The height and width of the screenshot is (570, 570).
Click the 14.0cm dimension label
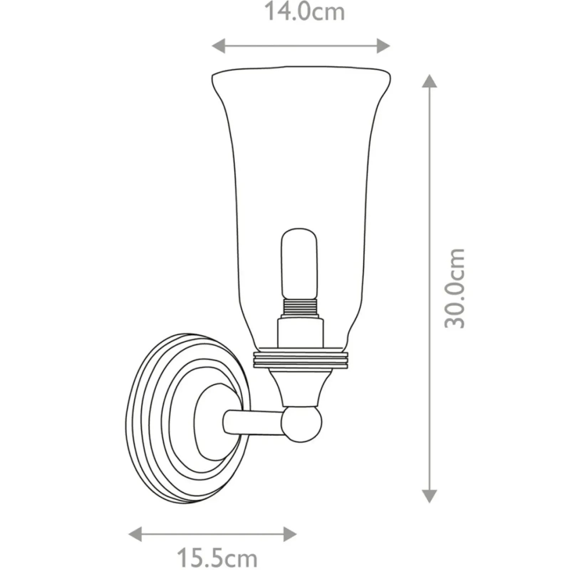304,12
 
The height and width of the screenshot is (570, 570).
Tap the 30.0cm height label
455,288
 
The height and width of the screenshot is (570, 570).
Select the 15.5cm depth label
217,558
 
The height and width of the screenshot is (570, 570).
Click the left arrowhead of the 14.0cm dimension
218,46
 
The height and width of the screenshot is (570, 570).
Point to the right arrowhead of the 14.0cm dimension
383,46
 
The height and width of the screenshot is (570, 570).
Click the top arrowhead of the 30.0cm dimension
429,81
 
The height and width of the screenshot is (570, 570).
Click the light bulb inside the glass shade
299,264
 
